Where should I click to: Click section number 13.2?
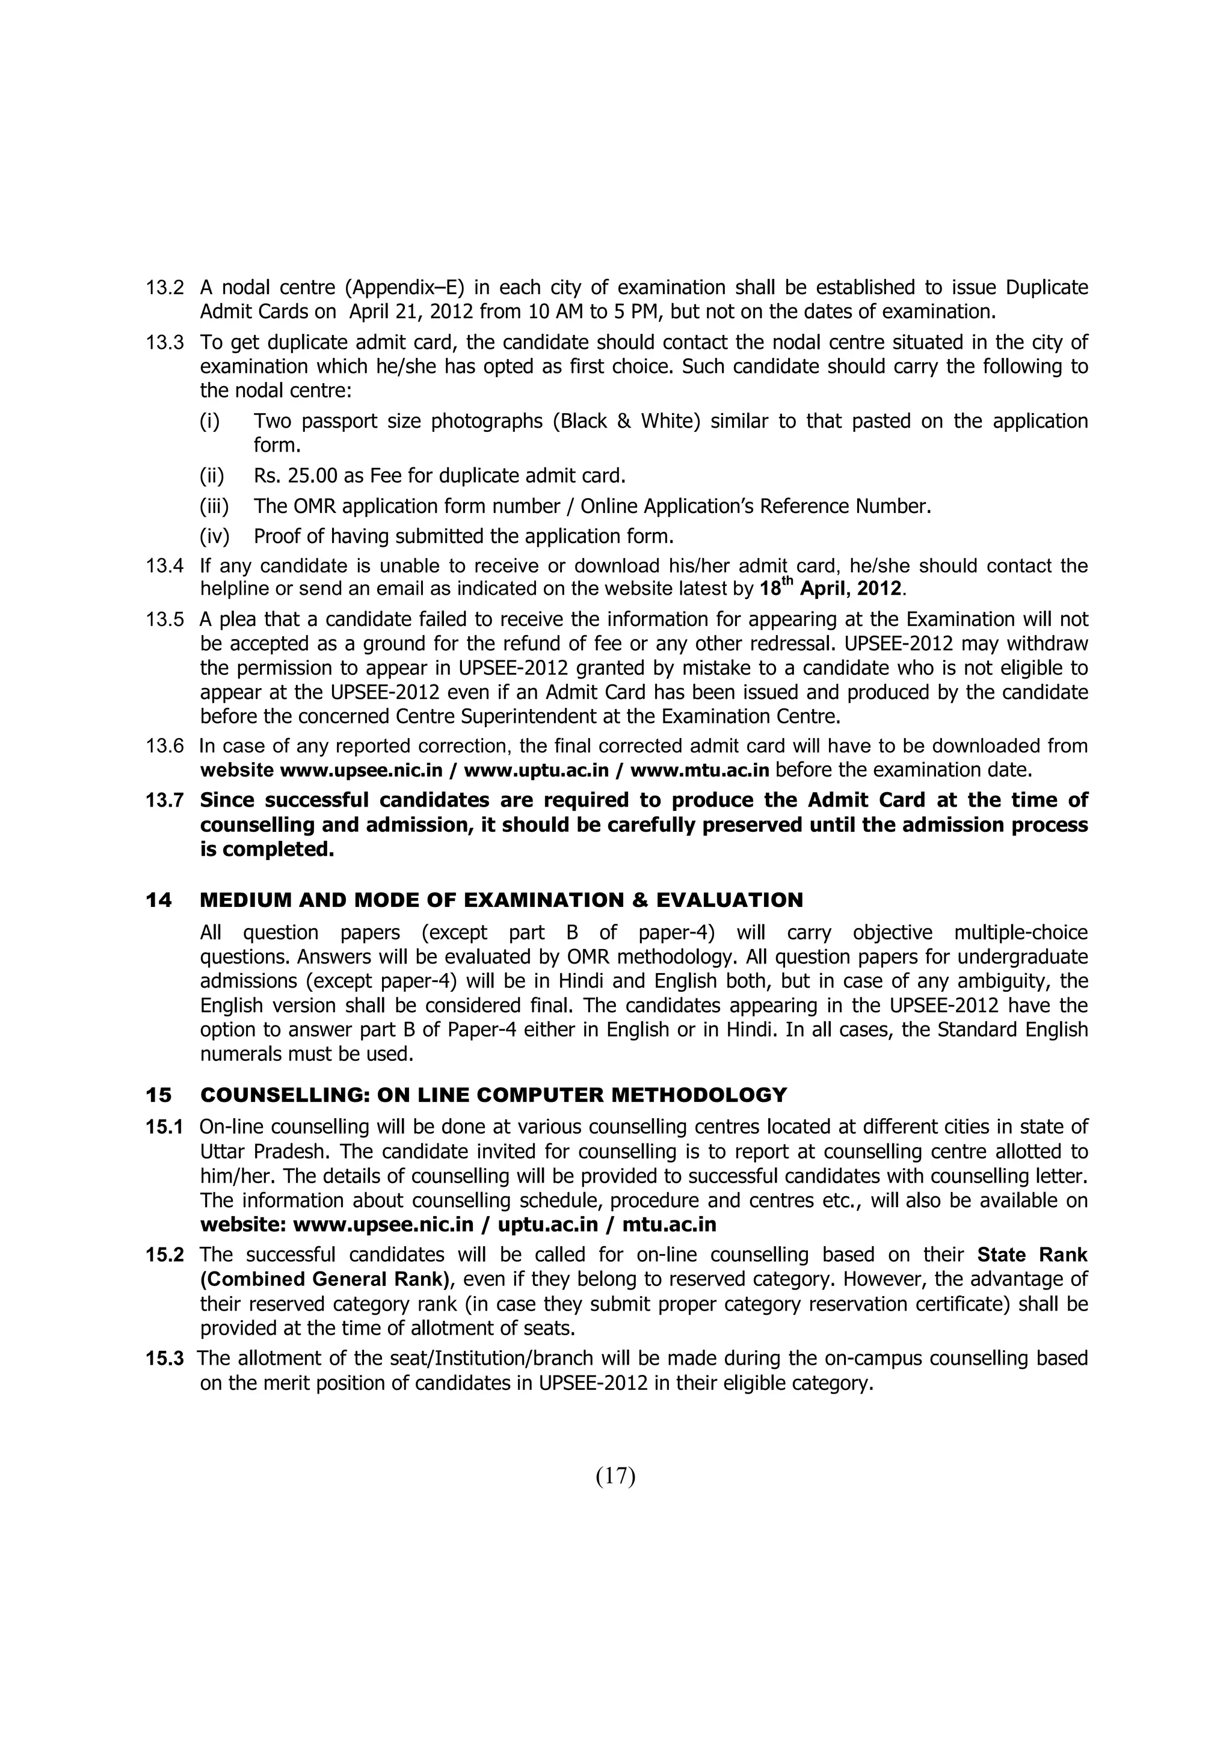click(x=165, y=287)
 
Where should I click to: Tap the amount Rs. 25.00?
click(x=295, y=476)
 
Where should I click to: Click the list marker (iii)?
click(x=214, y=506)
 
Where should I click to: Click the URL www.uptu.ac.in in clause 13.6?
click(x=536, y=770)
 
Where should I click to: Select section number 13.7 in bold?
click(x=165, y=800)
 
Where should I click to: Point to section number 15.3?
click(x=165, y=1358)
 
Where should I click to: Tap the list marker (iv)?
click(x=214, y=536)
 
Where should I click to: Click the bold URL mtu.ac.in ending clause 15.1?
click(x=669, y=1225)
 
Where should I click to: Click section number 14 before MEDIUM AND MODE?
click(x=159, y=900)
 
